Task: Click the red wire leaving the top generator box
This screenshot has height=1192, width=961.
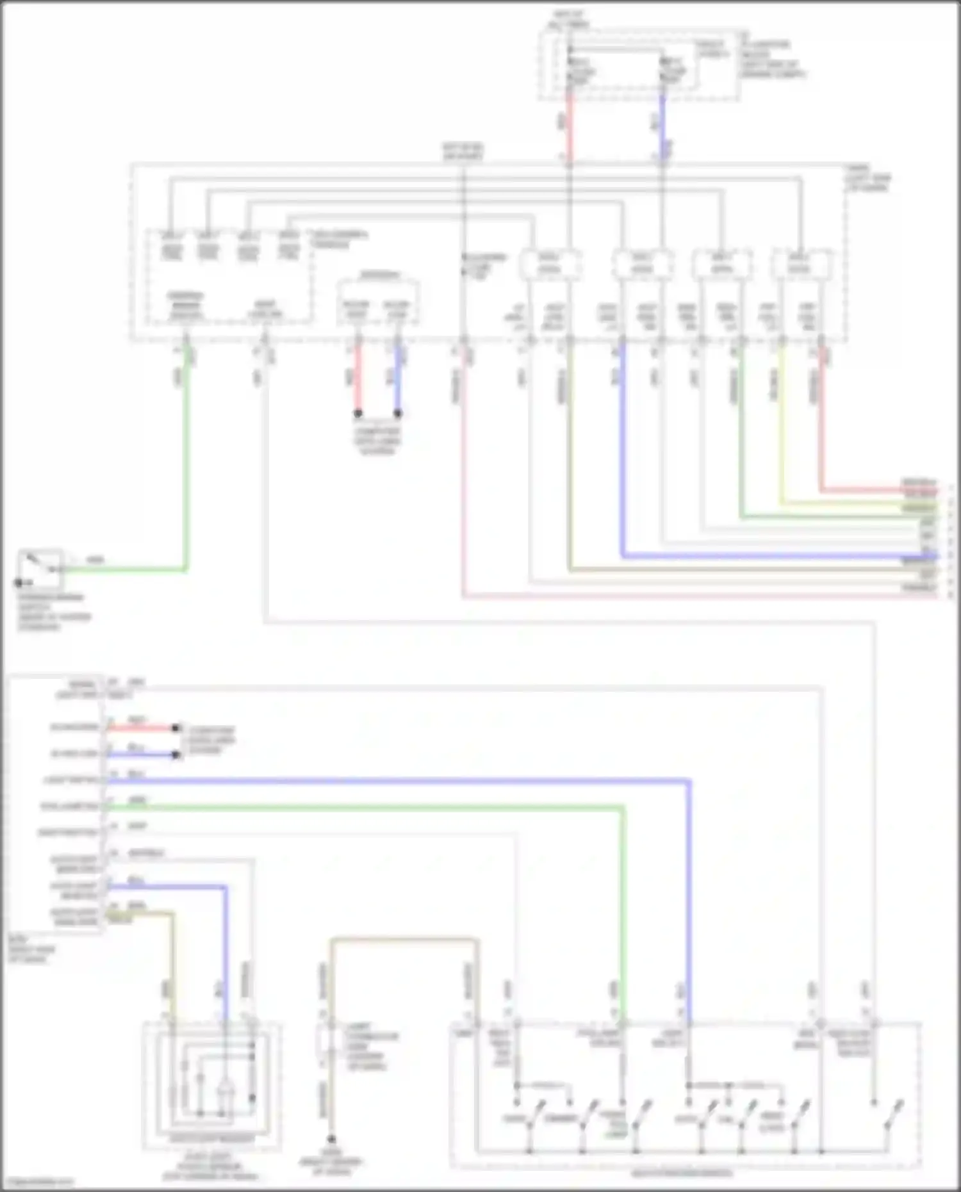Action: tap(568, 128)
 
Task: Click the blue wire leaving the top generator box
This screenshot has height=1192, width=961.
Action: tap(663, 128)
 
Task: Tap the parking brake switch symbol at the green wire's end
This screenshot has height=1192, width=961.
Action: tap(40, 568)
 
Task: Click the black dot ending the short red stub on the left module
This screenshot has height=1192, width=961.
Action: tap(175, 728)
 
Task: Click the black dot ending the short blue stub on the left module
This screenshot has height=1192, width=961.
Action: tap(175, 755)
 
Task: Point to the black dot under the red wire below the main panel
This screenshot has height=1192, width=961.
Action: tap(358, 413)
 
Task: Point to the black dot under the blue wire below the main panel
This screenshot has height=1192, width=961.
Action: tap(398, 413)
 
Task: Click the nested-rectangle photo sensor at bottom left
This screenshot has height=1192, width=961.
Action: tap(211, 1082)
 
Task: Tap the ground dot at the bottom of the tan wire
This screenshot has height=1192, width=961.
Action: tap(331, 1139)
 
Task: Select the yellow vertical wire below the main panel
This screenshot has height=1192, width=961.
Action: tap(781, 423)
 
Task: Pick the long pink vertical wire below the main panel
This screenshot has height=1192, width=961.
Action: tap(463, 480)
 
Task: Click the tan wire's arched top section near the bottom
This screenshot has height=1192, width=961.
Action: tap(404, 940)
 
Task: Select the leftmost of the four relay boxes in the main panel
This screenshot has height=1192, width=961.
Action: tap(550, 264)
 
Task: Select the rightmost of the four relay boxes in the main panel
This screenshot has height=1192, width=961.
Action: tap(801, 264)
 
